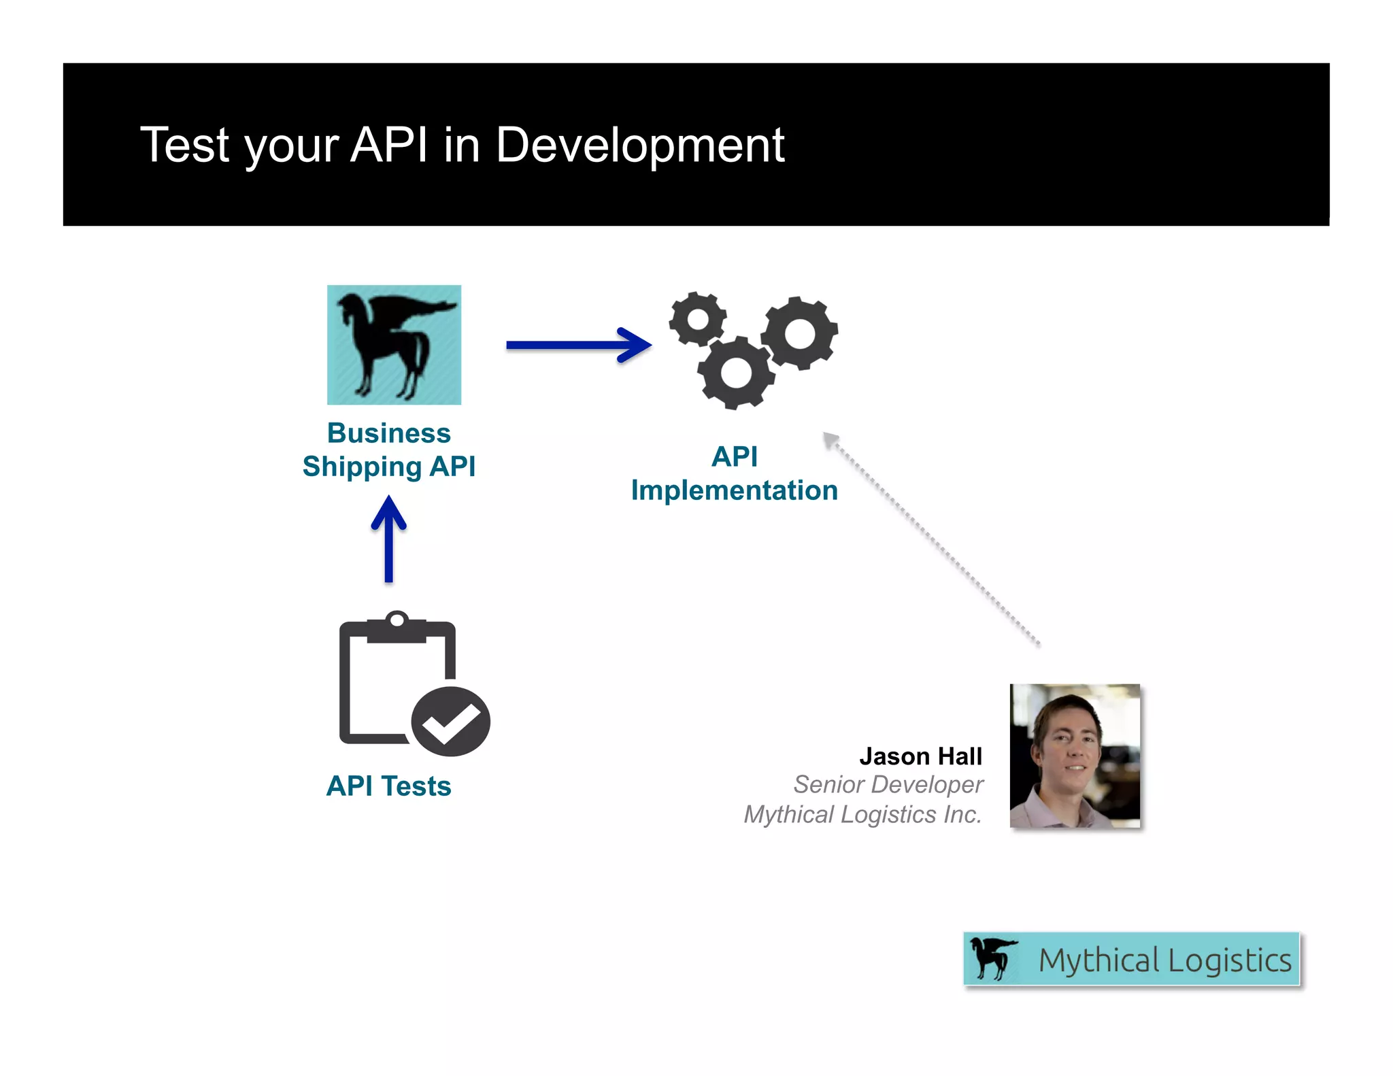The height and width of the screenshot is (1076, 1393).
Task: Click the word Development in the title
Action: click(639, 145)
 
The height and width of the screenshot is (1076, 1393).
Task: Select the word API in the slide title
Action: click(389, 145)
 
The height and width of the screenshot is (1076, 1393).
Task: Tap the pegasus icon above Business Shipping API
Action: click(394, 345)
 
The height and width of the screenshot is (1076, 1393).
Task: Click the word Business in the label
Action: click(388, 433)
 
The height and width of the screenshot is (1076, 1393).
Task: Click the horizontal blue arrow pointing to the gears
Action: click(578, 345)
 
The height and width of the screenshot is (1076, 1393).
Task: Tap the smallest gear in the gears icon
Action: click(697, 319)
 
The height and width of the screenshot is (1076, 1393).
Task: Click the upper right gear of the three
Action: click(799, 333)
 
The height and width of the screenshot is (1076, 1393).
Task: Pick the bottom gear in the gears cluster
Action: click(735, 373)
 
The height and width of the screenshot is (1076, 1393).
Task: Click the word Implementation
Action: click(734, 490)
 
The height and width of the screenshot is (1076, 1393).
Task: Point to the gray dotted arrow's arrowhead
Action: click(830, 440)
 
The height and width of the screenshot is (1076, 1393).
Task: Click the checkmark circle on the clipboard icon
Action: click(450, 722)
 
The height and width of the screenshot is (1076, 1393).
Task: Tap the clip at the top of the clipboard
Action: click(397, 624)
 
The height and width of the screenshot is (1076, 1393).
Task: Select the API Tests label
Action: click(388, 786)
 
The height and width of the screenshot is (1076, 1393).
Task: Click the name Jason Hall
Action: click(920, 756)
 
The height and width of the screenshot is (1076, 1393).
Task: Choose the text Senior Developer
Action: click(888, 785)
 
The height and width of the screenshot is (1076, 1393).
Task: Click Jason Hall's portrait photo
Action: click(1075, 756)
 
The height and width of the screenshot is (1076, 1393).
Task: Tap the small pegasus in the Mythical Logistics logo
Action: click(992, 958)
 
